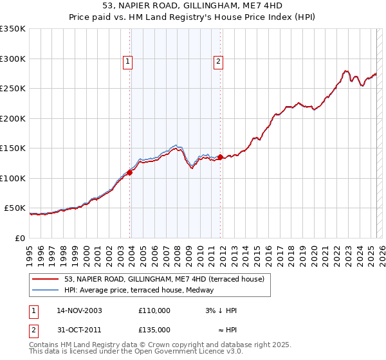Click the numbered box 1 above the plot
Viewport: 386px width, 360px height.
128,62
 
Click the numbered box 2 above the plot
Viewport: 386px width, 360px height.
218,62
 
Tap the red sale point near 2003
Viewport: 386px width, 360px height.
130,172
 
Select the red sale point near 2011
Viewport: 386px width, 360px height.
220,157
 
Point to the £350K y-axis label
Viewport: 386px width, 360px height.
13,29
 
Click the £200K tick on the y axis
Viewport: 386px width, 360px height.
13,118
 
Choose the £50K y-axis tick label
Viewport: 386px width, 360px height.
15,208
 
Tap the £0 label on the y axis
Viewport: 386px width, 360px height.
21,238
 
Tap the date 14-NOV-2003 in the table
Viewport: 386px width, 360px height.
79,310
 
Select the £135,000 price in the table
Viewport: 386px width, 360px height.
154,331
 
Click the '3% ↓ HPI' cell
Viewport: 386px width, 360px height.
222,310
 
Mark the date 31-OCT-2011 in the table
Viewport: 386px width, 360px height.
78,331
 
